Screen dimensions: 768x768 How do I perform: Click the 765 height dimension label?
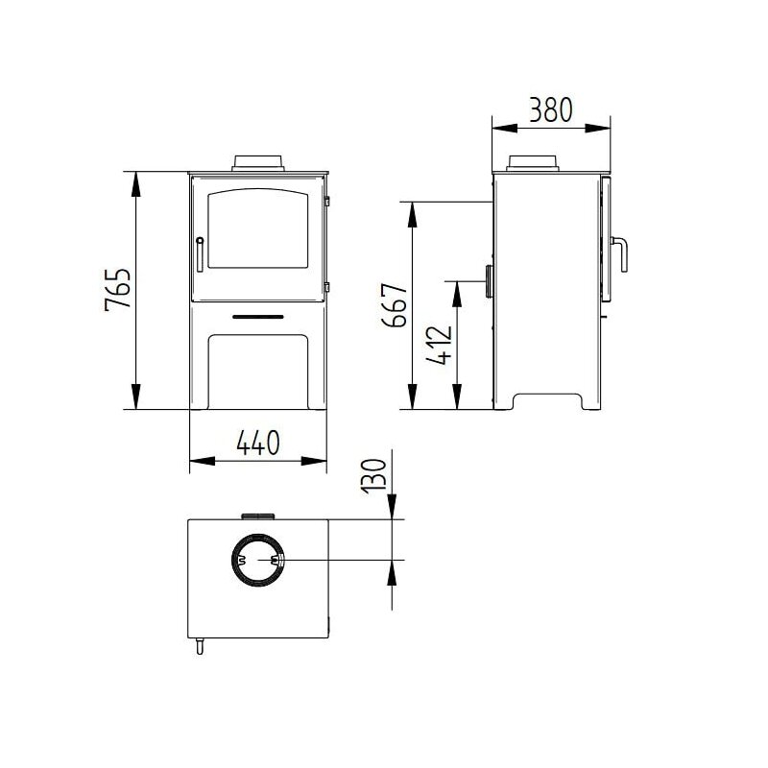tap(117, 291)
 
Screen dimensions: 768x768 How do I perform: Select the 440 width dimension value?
tap(257, 444)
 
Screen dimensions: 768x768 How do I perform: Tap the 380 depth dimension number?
tap(551, 110)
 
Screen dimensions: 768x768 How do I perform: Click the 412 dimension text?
tap(439, 347)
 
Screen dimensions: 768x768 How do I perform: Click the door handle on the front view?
tap(200, 254)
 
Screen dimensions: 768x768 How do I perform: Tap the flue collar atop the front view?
tap(257, 162)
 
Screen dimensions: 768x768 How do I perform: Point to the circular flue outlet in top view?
tap(257, 560)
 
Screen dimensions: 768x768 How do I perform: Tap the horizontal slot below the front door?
tap(257, 314)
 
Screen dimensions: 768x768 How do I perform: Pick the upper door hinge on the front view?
tap(327, 202)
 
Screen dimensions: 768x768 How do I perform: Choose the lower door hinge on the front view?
tap(327, 285)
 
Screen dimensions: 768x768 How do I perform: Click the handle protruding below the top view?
tap(200, 647)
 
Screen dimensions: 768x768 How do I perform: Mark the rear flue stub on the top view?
tap(257, 516)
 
